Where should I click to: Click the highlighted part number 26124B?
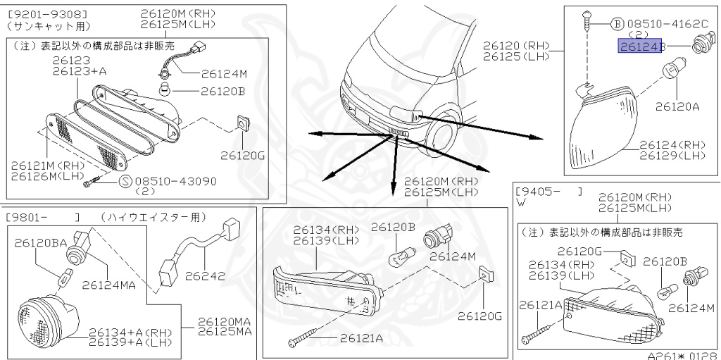641,46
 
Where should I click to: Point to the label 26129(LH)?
672,155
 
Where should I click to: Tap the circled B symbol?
617,23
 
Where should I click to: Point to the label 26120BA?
41,242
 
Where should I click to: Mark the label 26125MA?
224,331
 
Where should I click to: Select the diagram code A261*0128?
682,354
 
